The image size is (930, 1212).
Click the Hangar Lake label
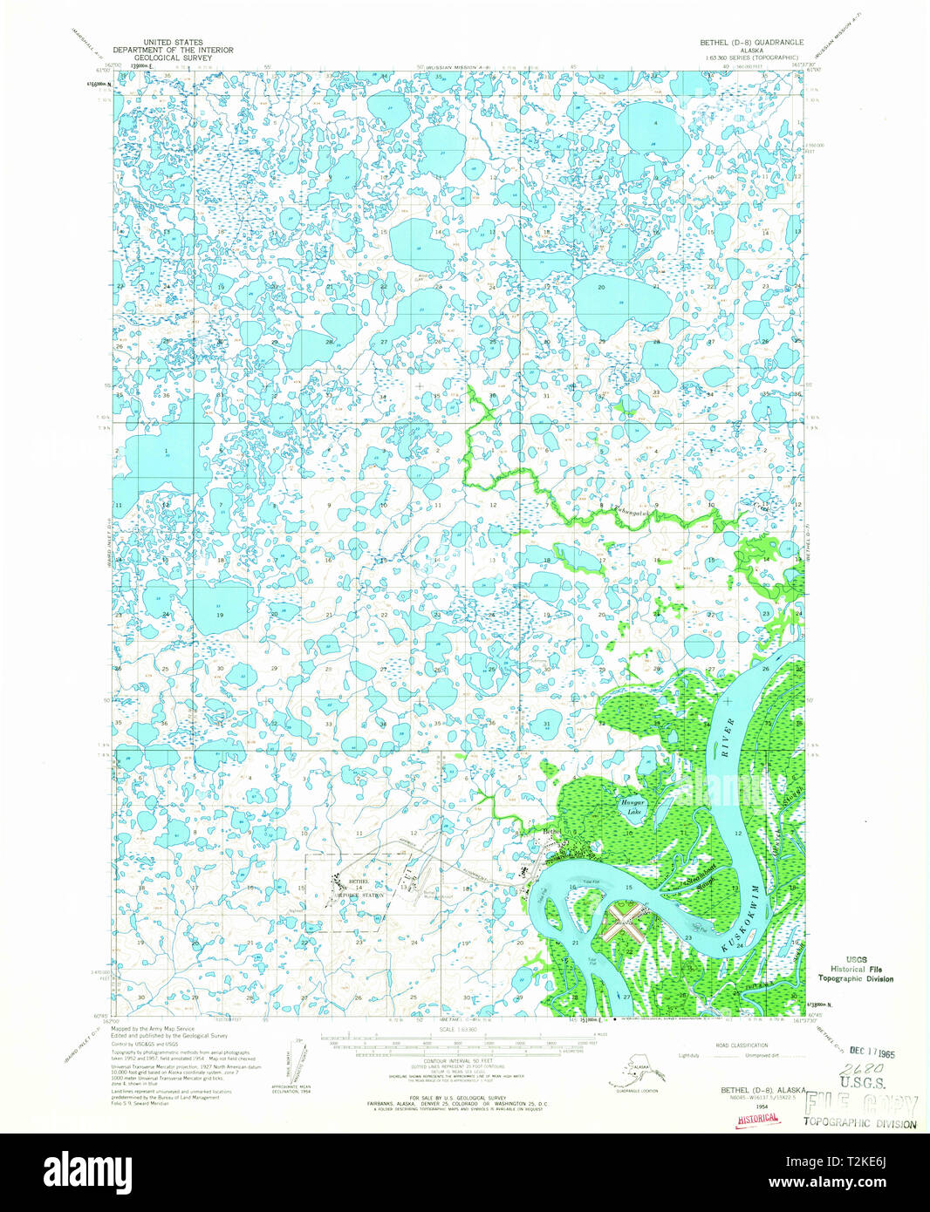click(x=631, y=807)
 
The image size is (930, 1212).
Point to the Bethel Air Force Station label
click(x=360, y=889)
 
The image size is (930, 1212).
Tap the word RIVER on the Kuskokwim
click(x=730, y=732)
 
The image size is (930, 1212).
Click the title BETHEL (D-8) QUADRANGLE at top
click(x=745, y=41)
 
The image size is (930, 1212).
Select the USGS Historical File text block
click(x=854, y=968)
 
